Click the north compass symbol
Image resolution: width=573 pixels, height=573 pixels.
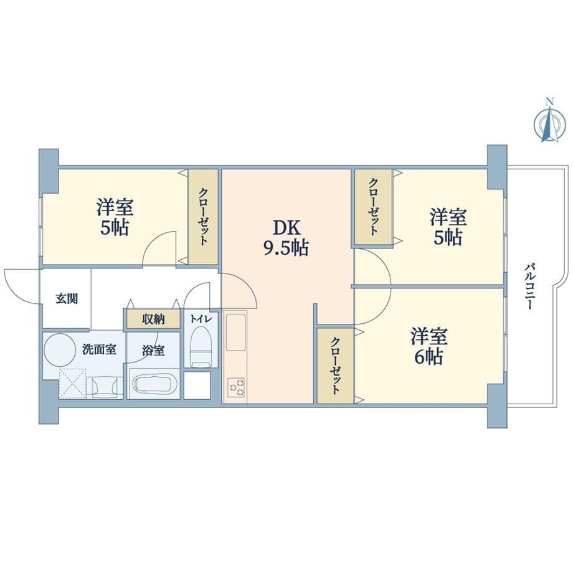click(549, 123)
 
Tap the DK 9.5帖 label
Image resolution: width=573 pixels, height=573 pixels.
click(286, 239)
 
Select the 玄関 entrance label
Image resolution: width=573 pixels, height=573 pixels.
click(67, 298)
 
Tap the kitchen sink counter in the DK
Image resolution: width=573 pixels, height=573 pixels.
click(235, 333)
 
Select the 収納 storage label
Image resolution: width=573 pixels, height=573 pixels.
click(153, 320)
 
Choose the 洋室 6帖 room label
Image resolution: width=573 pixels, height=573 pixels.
click(429, 346)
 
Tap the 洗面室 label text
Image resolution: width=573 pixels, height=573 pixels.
click(100, 350)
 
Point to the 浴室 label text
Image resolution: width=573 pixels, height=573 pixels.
click(153, 351)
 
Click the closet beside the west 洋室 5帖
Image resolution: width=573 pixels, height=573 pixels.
click(203, 216)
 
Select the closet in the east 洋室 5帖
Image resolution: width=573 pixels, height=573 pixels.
click(374, 207)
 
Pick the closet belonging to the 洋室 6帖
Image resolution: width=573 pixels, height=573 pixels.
click(335, 366)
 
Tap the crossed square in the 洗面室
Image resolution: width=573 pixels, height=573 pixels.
click(73, 382)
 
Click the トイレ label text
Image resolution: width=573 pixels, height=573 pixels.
click(201, 319)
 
